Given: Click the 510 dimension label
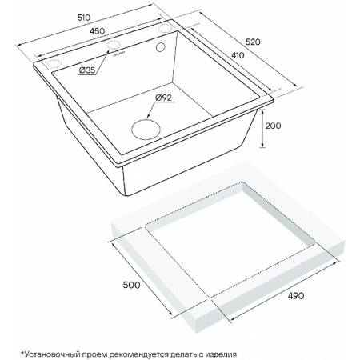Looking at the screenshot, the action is (x=84, y=18).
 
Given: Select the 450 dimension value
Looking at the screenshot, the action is (x=98, y=31).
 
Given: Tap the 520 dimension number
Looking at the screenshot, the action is (x=253, y=42).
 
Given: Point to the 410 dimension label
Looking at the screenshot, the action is (x=238, y=55).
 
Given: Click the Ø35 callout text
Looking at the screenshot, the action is (x=87, y=70).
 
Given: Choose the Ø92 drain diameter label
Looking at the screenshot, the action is (x=163, y=98).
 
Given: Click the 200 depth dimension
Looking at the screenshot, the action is (x=273, y=126).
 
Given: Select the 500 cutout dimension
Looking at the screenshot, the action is (x=131, y=285).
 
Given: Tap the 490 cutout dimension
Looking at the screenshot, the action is (x=296, y=295).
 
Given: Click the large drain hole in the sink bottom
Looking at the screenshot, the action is (x=146, y=130).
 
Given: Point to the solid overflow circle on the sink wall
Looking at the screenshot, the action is (x=161, y=47).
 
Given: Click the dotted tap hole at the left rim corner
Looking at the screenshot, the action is (x=54, y=64).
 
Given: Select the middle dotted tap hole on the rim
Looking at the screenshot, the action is (x=114, y=45).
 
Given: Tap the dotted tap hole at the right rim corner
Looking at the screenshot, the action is (x=166, y=28).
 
